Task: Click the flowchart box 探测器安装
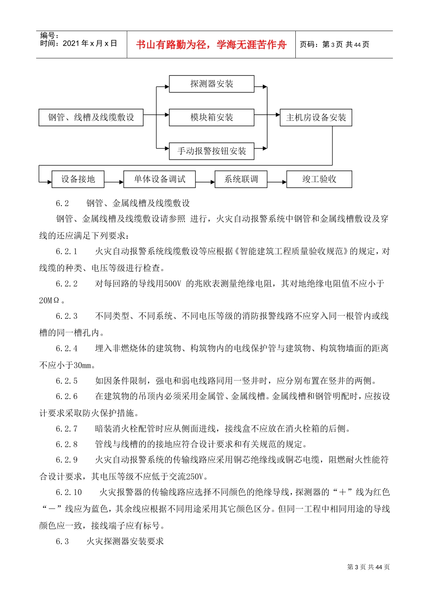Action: point(211,84)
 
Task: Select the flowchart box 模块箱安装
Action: point(211,118)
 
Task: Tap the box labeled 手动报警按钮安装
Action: point(211,151)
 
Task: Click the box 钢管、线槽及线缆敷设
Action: point(91,118)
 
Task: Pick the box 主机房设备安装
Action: point(316,118)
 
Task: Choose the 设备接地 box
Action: point(78,179)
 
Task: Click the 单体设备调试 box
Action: point(159,179)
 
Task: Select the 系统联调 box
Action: point(241,179)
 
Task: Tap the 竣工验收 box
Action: point(319,179)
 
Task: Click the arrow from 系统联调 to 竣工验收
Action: point(277,182)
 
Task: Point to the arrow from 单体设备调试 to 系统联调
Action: point(205,182)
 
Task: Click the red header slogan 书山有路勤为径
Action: point(211,45)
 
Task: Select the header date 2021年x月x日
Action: point(90,44)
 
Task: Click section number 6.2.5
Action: point(67,381)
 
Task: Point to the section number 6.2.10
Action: point(69,492)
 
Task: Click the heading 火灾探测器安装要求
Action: point(125,541)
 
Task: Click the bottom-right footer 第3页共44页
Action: point(368,567)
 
